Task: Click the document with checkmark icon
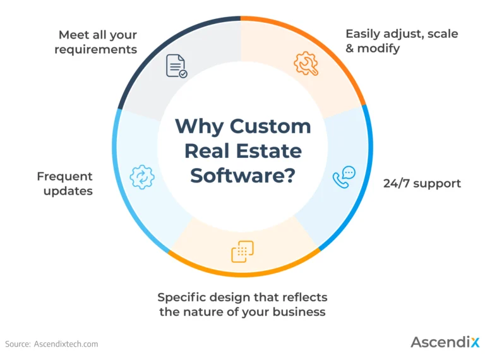pyautogui.click(x=176, y=66)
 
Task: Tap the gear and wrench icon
pyautogui.click(x=306, y=64)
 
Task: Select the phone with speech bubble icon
pyautogui.click(x=344, y=177)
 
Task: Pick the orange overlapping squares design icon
pyautogui.click(x=242, y=251)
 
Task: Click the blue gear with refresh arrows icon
pyautogui.click(x=141, y=177)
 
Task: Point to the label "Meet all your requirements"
pyautogui.click(x=95, y=42)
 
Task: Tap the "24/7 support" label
pyautogui.click(x=422, y=184)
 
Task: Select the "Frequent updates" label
pyautogui.click(x=64, y=183)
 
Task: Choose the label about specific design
pyautogui.click(x=242, y=304)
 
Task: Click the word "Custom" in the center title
pyautogui.click(x=270, y=126)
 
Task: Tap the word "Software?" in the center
pyautogui.click(x=242, y=175)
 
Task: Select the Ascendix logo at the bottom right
pyautogui.click(x=445, y=342)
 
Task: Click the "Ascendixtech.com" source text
pyautogui.click(x=66, y=344)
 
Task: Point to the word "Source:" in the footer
pyautogui.click(x=18, y=344)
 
